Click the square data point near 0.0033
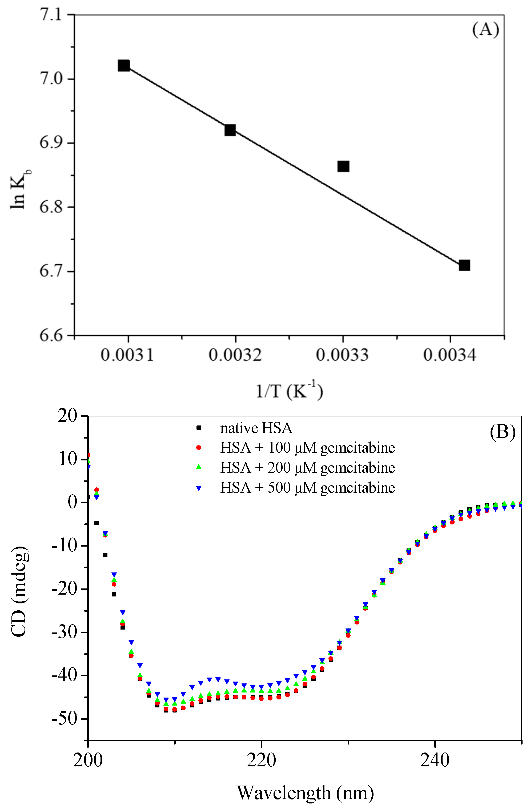(343, 166)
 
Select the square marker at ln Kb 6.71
(464, 265)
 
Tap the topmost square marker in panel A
(123, 66)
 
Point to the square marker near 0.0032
(230, 130)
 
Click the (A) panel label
(485, 30)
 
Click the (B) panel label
(503, 432)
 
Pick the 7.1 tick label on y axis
(51, 15)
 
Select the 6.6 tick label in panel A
(51, 335)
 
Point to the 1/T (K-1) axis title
(289, 391)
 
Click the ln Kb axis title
(20, 188)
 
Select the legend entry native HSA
(256, 428)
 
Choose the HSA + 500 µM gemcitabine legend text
(307, 488)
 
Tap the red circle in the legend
(199, 448)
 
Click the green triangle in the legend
(199, 467)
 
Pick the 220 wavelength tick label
(261, 761)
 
